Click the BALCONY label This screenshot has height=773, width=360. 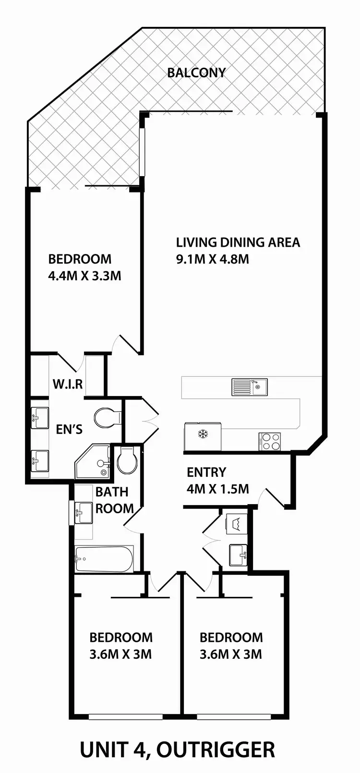(x=196, y=73)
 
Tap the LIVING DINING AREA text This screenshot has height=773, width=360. (x=238, y=242)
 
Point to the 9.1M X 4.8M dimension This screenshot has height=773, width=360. (x=212, y=260)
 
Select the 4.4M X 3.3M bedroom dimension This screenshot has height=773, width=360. (x=84, y=277)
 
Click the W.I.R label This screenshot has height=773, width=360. (x=68, y=384)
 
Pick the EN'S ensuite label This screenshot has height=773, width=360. (x=69, y=429)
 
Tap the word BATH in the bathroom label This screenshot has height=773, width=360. (x=112, y=492)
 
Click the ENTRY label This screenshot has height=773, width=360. (x=206, y=472)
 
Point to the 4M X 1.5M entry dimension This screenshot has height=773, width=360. (x=217, y=489)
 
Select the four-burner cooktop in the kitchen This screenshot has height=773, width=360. (x=270, y=442)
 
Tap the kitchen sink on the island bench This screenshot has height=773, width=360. (x=250, y=387)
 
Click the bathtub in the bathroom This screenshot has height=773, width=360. (x=104, y=559)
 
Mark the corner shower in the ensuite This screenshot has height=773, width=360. (x=94, y=462)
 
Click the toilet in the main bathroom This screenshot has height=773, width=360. (x=127, y=461)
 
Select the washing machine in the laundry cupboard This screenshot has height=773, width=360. (x=237, y=523)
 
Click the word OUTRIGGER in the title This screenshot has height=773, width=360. (x=216, y=749)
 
